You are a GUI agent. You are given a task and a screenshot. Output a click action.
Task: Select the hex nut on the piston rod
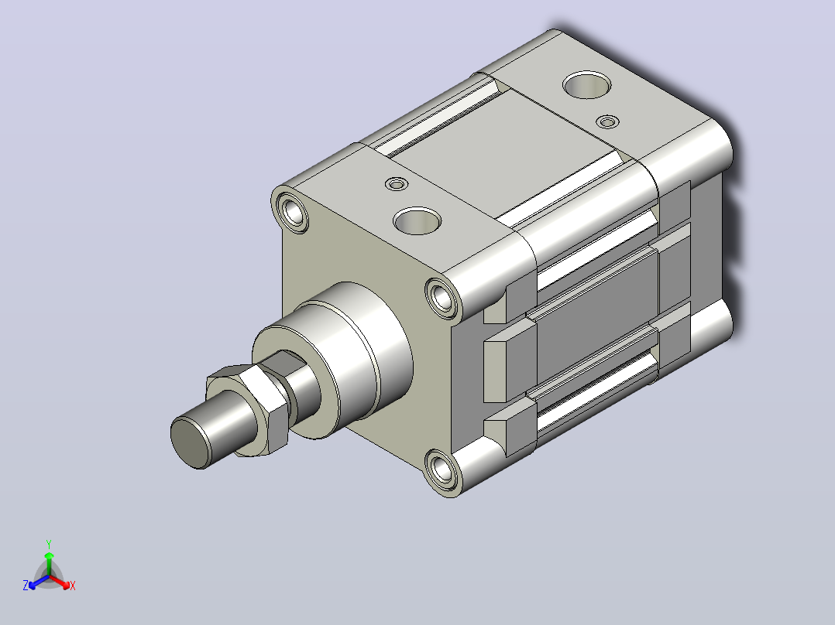coord(249,409)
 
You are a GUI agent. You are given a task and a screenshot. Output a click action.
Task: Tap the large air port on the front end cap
coord(417,220)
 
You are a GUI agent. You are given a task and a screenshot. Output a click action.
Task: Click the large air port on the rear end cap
coord(587,84)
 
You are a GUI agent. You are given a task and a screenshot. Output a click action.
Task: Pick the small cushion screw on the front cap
coord(396,184)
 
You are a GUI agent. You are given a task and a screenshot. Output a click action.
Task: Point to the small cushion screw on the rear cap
coord(607,121)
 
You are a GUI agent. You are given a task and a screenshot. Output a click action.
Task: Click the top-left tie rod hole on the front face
coord(292,212)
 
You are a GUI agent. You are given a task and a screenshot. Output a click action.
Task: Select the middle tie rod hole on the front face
coord(442,298)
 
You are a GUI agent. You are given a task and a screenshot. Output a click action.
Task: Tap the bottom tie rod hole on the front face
coord(442,470)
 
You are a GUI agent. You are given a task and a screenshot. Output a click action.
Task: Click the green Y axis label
coord(49,544)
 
